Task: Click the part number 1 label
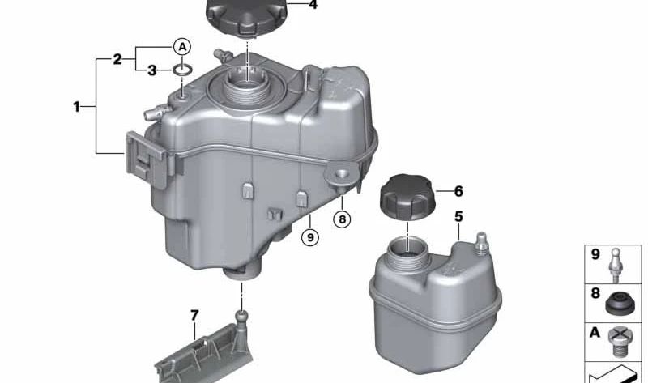tap(76, 107)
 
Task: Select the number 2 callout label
tap(117, 59)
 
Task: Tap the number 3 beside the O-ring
tap(152, 70)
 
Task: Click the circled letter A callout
tap(182, 47)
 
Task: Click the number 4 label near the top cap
tap(313, 5)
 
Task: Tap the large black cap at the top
tap(246, 16)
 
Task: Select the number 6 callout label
tap(458, 191)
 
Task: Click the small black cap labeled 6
tap(407, 197)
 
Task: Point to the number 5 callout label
tap(458, 216)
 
